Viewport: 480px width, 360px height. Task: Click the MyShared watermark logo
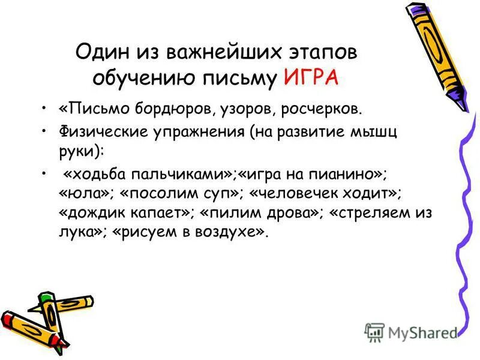[x=411, y=332]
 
